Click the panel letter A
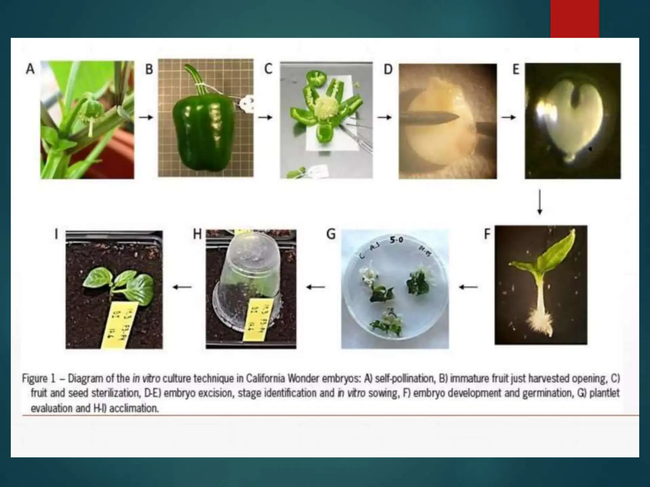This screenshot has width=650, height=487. [x=30, y=69]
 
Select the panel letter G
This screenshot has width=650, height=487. [x=331, y=234]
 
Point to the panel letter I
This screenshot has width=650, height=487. [x=56, y=234]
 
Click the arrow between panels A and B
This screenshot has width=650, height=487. [x=146, y=117]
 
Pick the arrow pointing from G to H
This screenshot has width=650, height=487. [x=315, y=287]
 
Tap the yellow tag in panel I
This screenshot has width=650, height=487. [x=120, y=323]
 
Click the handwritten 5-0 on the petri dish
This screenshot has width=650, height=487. [x=396, y=240]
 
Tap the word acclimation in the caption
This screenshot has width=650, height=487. [x=134, y=408]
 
